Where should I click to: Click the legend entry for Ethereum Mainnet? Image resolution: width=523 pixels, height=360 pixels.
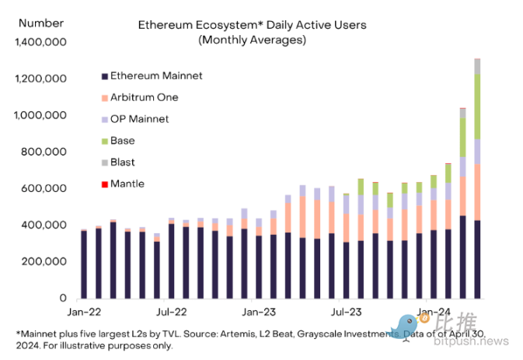tap(156, 76)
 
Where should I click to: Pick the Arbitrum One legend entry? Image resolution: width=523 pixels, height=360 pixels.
tap(145, 97)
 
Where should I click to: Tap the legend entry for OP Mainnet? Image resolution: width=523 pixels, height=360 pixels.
tap(140, 119)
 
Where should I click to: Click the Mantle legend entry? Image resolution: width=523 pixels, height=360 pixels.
tap(127, 184)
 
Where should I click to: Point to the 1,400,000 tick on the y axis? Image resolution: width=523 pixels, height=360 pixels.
tap(40, 42)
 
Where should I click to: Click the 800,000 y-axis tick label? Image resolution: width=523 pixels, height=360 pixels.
tap(44, 152)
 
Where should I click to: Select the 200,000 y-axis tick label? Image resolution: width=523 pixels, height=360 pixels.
tap(44, 261)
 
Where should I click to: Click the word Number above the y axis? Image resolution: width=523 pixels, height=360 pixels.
tap(35, 24)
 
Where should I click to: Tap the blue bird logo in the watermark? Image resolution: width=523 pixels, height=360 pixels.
tap(409, 325)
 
